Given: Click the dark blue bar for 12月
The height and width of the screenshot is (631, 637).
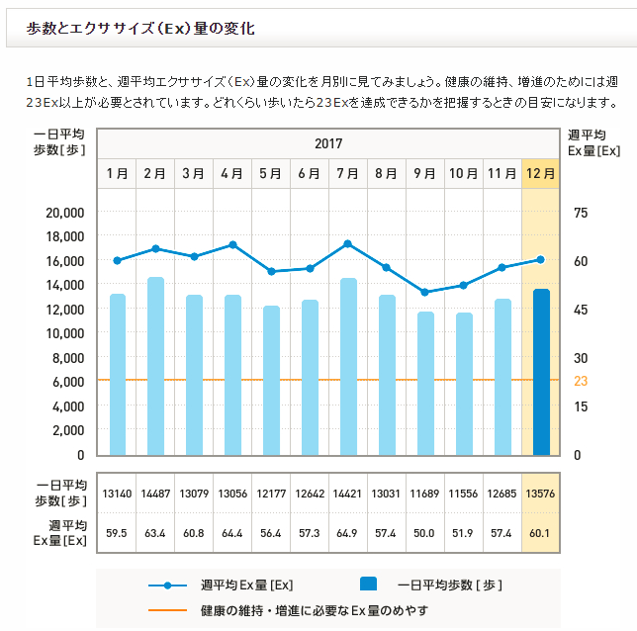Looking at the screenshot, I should coord(541,372).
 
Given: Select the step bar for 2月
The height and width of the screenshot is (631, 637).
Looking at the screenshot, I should coord(155,366).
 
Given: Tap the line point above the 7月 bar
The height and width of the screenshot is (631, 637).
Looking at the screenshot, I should coord(348,243).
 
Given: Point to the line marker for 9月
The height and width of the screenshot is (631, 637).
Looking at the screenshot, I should coord(425,292).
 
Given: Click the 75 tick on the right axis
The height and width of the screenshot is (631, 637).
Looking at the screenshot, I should coord(581,212).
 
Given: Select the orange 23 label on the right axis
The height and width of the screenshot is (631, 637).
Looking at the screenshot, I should coord(581,381).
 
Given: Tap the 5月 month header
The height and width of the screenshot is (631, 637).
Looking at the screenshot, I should coord(270,173).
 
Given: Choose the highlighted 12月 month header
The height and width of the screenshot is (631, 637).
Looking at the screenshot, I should coord(541,173).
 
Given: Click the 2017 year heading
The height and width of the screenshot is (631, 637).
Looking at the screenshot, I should coord(328,143).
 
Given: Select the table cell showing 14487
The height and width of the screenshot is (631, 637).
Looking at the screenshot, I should coord(155,493).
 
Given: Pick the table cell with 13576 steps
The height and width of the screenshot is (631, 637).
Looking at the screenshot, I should coord(541,493).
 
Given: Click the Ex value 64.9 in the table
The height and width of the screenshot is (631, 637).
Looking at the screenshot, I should coord(348,534).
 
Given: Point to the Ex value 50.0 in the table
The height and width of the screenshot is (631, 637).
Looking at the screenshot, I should coord(425,534).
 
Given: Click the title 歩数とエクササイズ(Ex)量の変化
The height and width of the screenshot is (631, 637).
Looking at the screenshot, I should coord(140,29).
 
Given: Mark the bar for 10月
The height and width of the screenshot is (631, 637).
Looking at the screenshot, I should coord(464,384).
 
